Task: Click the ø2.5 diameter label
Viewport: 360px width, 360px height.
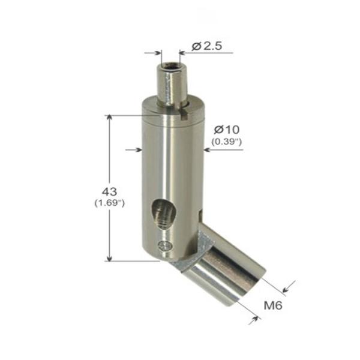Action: pyautogui.click(x=208, y=46)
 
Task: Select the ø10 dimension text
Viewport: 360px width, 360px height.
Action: pyautogui.click(x=226, y=130)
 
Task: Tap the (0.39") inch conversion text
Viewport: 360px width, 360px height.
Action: pyautogui.click(x=226, y=142)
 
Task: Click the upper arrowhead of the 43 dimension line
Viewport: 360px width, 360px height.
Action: pyautogui.click(x=109, y=119)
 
